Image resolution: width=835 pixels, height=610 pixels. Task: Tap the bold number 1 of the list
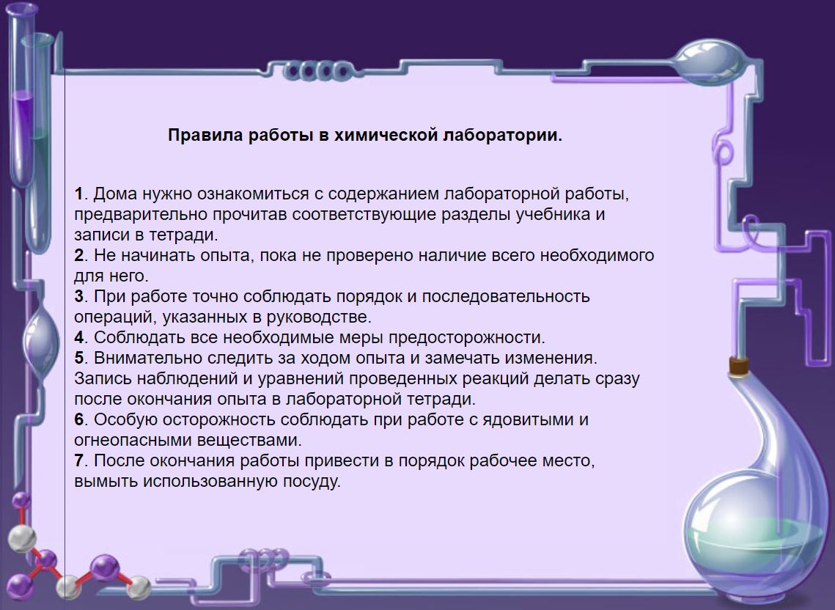click(x=78, y=194)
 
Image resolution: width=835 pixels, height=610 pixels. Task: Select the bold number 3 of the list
click(x=79, y=296)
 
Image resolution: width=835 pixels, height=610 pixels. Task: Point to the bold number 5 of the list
click(x=79, y=358)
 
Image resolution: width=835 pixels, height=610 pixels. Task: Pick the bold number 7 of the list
click(x=79, y=460)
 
